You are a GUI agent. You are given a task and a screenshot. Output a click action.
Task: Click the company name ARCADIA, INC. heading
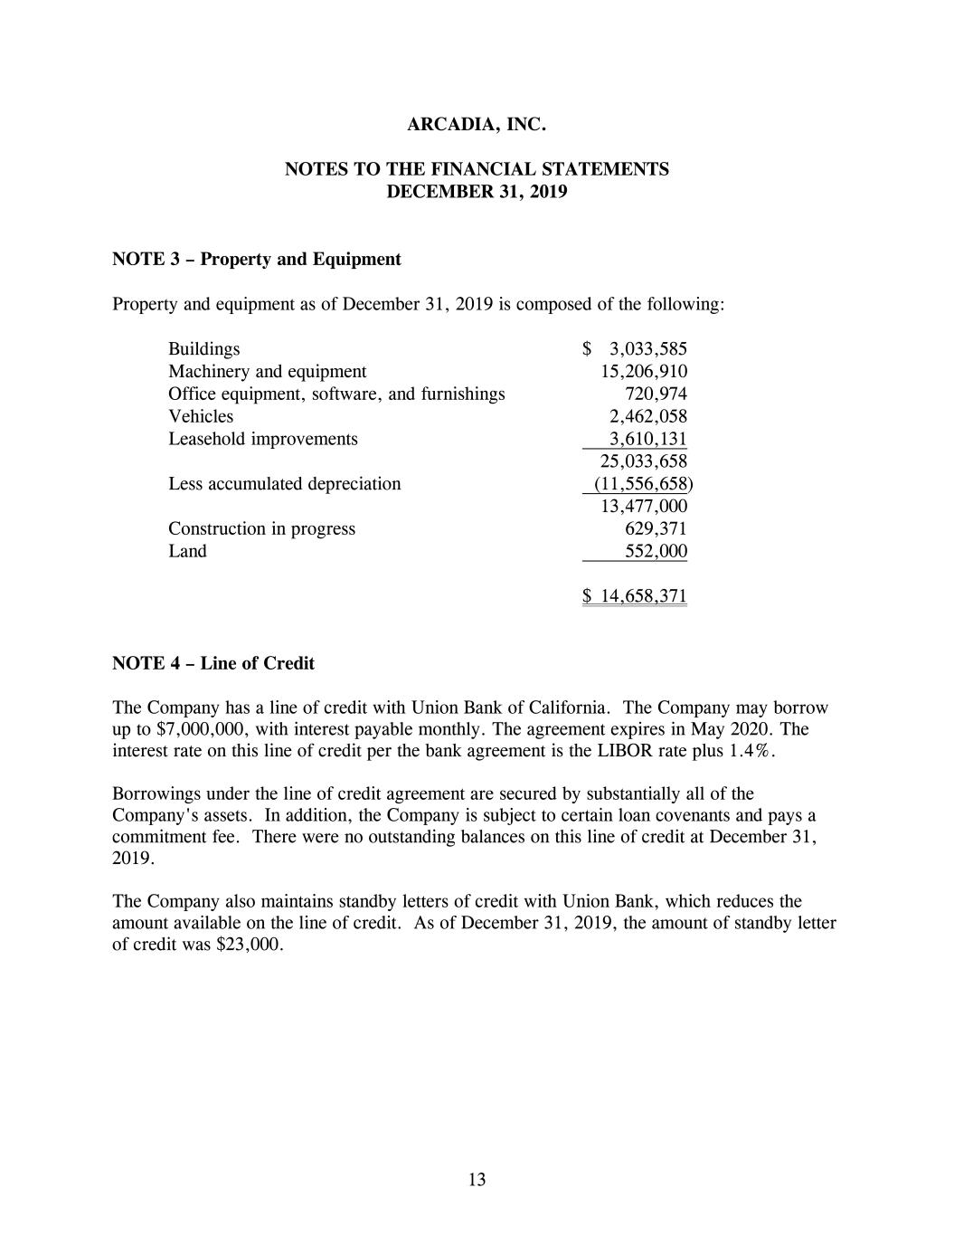[477, 125]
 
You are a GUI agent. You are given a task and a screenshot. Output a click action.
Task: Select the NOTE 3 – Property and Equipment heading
[256, 260]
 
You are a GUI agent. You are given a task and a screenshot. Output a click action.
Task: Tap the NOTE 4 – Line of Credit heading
[213, 663]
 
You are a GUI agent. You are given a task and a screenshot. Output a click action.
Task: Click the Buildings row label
[204, 349]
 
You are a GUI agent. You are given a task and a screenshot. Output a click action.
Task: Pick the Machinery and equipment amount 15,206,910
[644, 372]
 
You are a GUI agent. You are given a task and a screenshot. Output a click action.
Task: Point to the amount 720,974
[656, 394]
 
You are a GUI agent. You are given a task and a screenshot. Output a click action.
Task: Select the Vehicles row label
[201, 416]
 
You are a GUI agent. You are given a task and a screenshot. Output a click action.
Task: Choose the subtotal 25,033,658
[644, 461]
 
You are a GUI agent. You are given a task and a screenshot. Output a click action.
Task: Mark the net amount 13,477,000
[644, 507]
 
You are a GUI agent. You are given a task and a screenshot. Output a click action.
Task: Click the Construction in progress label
[261, 529]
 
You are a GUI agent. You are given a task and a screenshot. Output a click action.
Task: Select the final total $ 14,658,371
[635, 596]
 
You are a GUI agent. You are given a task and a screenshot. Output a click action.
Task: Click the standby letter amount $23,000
[250, 945]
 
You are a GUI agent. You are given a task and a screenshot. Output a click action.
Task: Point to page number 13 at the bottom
[477, 1180]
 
